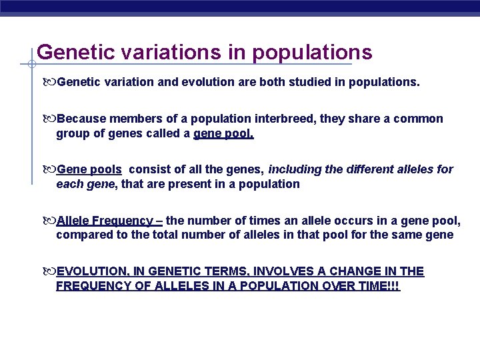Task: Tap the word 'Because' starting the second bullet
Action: point(81,119)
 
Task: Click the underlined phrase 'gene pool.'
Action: point(224,133)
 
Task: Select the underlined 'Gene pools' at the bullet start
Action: point(89,169)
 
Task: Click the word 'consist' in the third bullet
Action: point(148,169)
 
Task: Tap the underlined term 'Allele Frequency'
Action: point(105,221)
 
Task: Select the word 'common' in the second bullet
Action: point(421,119)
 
